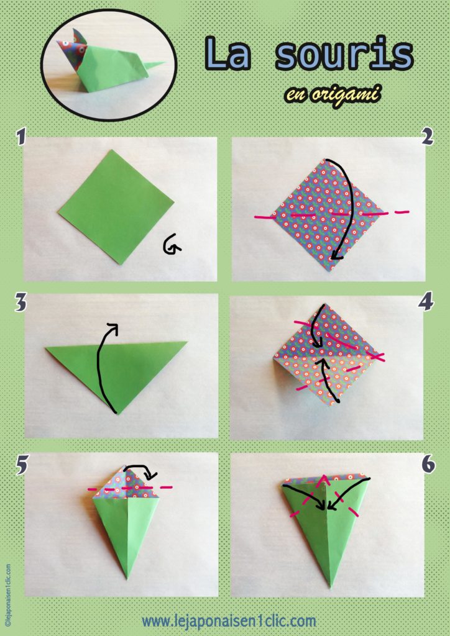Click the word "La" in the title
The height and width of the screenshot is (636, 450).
point(231,55)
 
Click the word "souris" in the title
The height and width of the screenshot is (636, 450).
point(344,55)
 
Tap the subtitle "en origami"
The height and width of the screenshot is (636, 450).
point(333,94)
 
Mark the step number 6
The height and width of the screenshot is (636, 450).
point(427,464)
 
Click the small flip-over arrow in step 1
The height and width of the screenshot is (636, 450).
point(172,247)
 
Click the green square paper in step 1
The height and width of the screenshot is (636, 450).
point(116,206)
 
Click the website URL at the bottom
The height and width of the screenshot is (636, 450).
point(228,620)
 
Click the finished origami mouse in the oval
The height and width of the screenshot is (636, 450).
point(106,65)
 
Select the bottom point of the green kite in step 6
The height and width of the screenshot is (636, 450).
point(330,585)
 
